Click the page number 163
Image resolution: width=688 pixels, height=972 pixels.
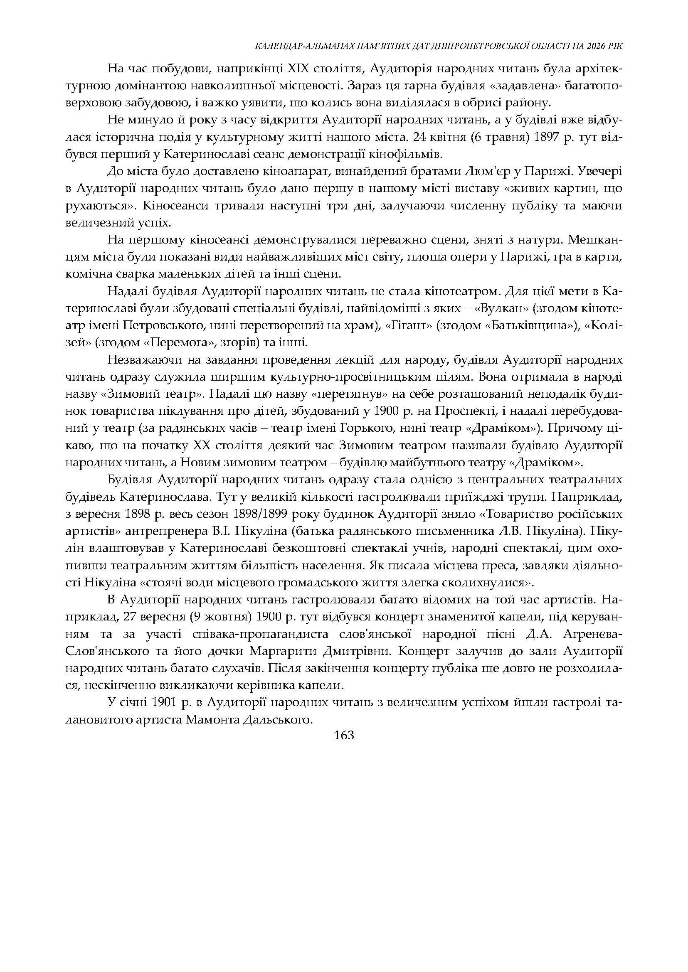click(343, 736)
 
